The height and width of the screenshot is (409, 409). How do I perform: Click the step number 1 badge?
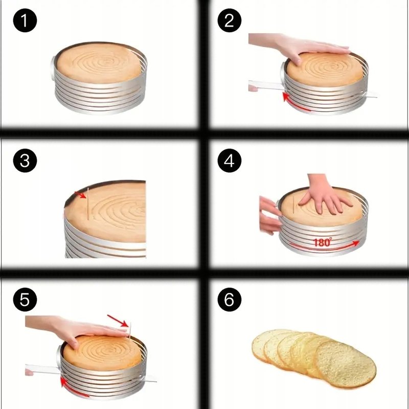coord(25,20)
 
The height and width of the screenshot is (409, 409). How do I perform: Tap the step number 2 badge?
coord(229,20)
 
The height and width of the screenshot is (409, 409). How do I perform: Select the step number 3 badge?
coord(25,161)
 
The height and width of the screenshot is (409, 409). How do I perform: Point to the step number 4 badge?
coord(229,161)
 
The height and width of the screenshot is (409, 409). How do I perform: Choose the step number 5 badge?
coord(25,300)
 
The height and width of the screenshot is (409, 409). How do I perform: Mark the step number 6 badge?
coord(229,300)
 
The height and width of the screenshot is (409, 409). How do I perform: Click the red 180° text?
coord(323,242)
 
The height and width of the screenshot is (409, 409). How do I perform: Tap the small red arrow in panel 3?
coord(80,195)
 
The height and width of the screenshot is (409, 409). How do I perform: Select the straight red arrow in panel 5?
coord(118,321)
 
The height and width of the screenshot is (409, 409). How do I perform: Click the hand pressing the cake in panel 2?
coord(300,47)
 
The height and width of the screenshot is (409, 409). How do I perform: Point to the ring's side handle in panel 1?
coord(53,69)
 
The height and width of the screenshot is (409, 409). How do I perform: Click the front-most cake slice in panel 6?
coord(346,364)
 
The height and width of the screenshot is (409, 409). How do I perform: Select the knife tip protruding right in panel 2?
coord(370,95)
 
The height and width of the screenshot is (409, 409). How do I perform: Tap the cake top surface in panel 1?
coord(99,63)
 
